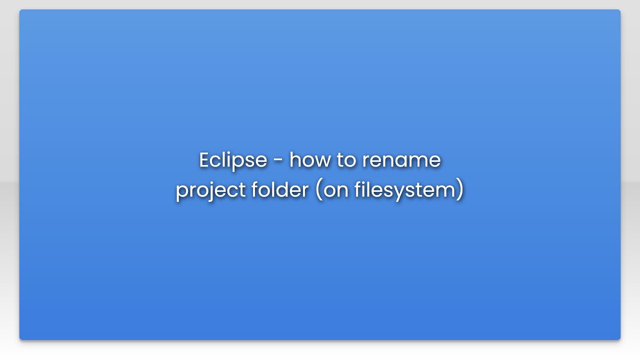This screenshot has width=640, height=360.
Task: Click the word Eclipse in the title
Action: (233, 160)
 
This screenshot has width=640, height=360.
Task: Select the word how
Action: (308, 160)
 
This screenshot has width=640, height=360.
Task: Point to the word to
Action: (345, 160)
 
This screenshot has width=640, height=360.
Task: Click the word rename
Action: (401, 160)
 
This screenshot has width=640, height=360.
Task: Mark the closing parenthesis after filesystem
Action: (460, 190)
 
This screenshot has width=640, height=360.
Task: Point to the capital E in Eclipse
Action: (203, 160)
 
